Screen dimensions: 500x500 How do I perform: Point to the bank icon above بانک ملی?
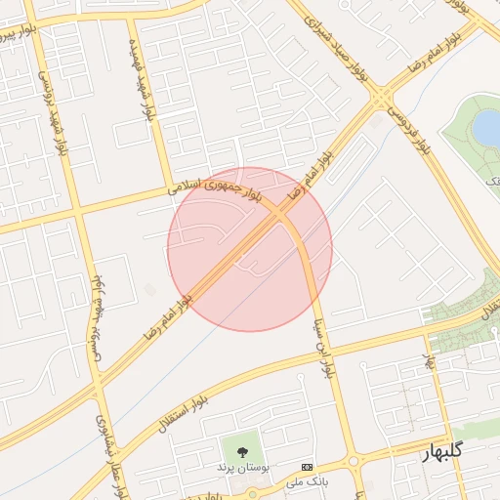pyautogui.click(x=308, y=467)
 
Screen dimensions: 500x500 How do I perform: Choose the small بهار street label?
pyautogui.click(x=428, y=360)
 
